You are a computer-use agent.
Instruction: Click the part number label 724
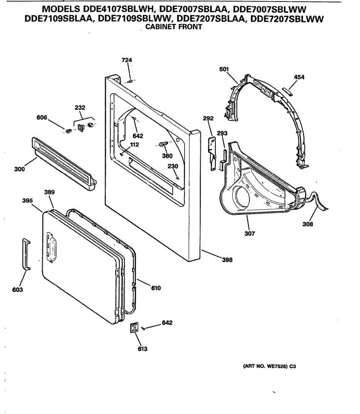pyautogui.click(x=127, y=60)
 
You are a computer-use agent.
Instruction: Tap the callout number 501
pyautogui.click(x=224, y=69)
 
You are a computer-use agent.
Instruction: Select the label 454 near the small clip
pyautogui.click(x=299, y=77)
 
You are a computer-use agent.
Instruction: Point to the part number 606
pyautogui.click(x=42, y=118)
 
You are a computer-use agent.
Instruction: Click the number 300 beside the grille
pyautogui.click(x=20, y=169)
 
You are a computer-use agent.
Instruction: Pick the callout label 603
pyautogui.click(x=17, y=290)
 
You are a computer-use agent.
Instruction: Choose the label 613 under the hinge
pyautogui.click(x=142, y=349)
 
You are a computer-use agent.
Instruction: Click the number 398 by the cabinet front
pyautogui.click(x=227, y=260)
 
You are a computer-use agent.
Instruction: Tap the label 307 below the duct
pyautogui.click(x=250, y=234)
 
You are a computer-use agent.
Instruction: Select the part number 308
pyautogui.click(x=308, y=224)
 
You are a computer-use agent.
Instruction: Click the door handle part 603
pyautogui.click(x=26, y=254)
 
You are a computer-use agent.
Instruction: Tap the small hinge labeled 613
pyautogui.click(x=134, y=328)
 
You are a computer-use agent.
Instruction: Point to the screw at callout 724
pyautogui.click(x=130, y=81)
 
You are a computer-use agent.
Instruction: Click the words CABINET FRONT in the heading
pyautogui.click(x=174, y=27)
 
